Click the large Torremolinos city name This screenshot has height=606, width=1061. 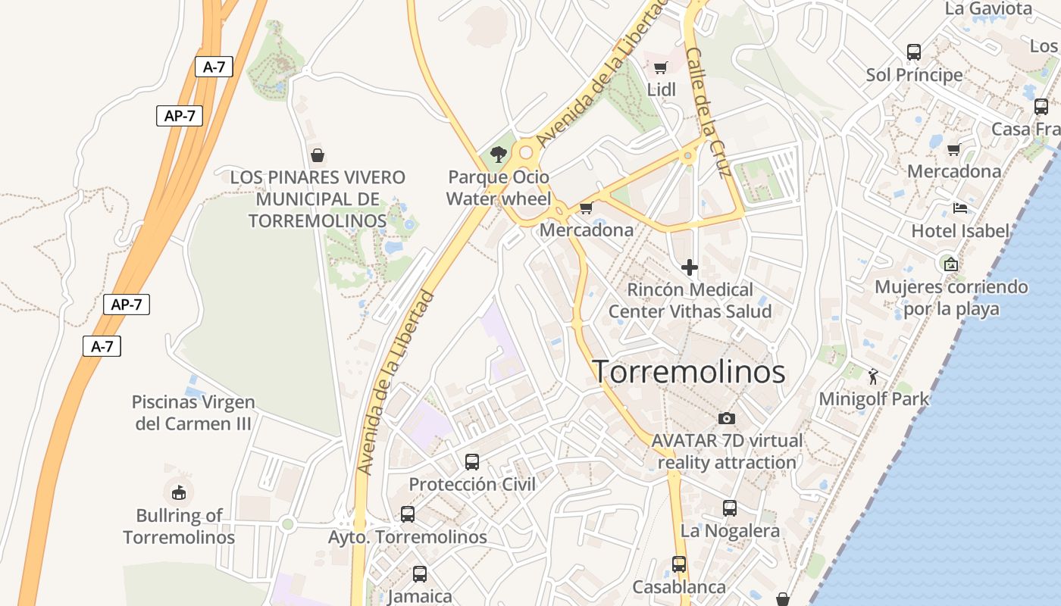[688, 372]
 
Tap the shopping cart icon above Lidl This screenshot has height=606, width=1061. [660, 67]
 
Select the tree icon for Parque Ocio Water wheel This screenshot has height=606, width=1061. [498, 155]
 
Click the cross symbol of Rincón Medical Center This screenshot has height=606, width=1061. [690, 267]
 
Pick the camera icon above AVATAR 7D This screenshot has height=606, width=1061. [726, 418]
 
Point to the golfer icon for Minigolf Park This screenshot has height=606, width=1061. [873, 376]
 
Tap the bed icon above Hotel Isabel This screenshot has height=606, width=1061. [960, 208]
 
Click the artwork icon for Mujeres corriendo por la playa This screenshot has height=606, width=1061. [950, 264]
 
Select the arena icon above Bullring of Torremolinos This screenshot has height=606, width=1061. [179, 492]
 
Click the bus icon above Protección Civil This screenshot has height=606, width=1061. [472, 461]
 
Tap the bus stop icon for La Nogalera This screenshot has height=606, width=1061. [730, 508]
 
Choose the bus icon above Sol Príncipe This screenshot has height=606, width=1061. [914, 52]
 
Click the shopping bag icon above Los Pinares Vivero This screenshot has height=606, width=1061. [318, 155]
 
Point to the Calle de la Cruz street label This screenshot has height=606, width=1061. [708, 112]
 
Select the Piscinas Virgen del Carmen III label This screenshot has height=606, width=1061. [193, 413]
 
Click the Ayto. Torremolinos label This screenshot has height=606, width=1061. [408, 537]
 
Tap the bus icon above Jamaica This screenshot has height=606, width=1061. [420, 574]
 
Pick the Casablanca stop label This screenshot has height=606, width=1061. [679, 587]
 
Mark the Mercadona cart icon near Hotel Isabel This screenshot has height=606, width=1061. [953, 149]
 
